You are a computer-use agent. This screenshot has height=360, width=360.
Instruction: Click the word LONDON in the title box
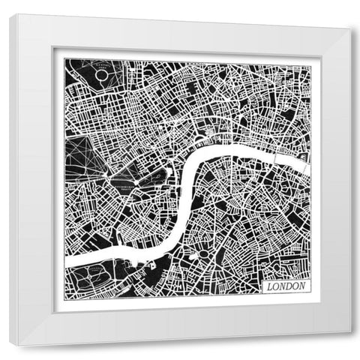pos(283,286)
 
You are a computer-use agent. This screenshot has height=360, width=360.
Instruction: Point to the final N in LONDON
pos(300,286)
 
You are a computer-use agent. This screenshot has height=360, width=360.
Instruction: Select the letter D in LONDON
pos(286,286)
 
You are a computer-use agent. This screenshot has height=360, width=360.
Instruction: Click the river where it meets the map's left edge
pos(67,262)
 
